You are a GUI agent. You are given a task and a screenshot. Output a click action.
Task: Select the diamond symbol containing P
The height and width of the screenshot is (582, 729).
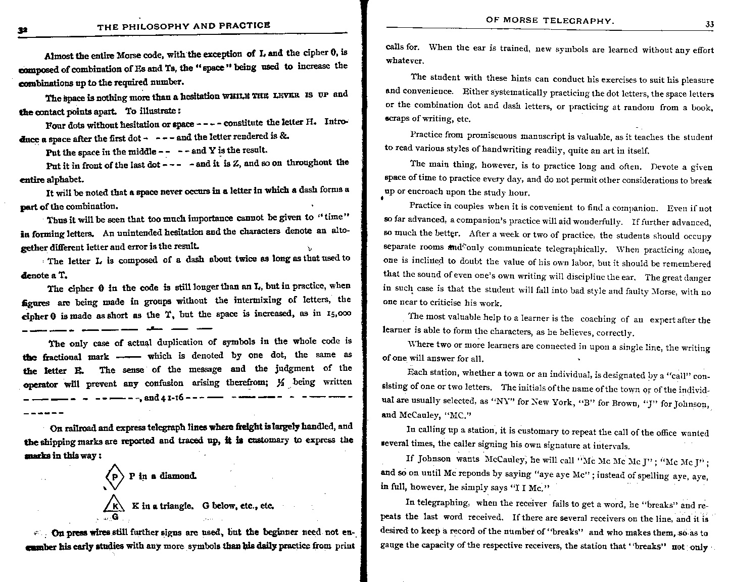pos(115,476)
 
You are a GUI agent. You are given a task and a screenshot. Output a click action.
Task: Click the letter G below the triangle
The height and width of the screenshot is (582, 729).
pos(115,517)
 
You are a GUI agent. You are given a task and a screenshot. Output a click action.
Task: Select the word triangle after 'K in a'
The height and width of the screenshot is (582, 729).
pos(173,505)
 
